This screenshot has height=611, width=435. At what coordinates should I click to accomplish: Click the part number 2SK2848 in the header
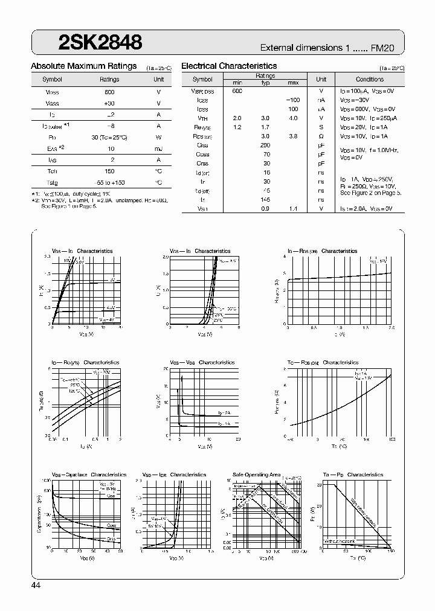tap(100, 42)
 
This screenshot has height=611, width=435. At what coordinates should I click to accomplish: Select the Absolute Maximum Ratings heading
tap(83, 66)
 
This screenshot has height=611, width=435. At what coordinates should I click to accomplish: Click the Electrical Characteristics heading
tap(229, 66)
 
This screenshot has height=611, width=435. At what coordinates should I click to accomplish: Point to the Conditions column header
tap(369, 79)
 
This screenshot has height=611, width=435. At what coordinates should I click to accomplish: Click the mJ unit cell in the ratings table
tap(158, 149)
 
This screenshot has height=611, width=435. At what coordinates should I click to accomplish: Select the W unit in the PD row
tap(158, 137)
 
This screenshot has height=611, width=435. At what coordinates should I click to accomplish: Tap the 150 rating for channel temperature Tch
tap(110, 171)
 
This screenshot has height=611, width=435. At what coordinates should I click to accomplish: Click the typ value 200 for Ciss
tap(265, 146)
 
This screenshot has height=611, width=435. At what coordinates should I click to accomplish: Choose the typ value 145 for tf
tap(265, 200)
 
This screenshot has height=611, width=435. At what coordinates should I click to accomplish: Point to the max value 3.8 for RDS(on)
tap(293, 136)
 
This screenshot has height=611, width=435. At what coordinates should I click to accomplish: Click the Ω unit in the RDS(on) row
tap(321, 136)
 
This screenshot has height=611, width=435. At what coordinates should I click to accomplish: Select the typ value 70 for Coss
tap(265, 155)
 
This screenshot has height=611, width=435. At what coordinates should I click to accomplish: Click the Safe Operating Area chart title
tap(257, 475)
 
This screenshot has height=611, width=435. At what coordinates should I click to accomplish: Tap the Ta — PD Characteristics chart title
tap(353, 475)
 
